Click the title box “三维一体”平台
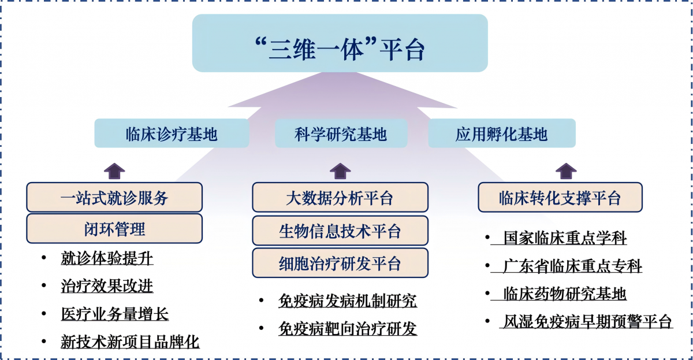[x=340, y=43]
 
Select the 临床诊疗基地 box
[x=172, y=133]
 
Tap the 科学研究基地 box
[x=341, y=133]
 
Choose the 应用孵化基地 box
[x=502, y=133]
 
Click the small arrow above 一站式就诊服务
[x=114, y=171]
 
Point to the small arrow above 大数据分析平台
[x=340, y=171]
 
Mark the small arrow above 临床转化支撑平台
[x=566, y=171]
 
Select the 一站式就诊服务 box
[x=114, y=197]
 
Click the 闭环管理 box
[x=114, y=229]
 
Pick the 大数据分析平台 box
[x=340, y=197]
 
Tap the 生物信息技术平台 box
[x=340, y=231]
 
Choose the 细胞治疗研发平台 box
[x=340, y=263]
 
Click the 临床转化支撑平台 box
[x=560, y=197]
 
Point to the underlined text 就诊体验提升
[x=107, y=258]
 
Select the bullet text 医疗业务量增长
[x=115, y=314]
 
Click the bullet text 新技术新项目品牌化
[x=131, y=342]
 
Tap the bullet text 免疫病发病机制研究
[x=348, y=300]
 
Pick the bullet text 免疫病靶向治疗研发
[x=348, y=328]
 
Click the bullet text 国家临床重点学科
[x=565, y=238]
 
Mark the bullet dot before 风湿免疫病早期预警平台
[x=487, y=321]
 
